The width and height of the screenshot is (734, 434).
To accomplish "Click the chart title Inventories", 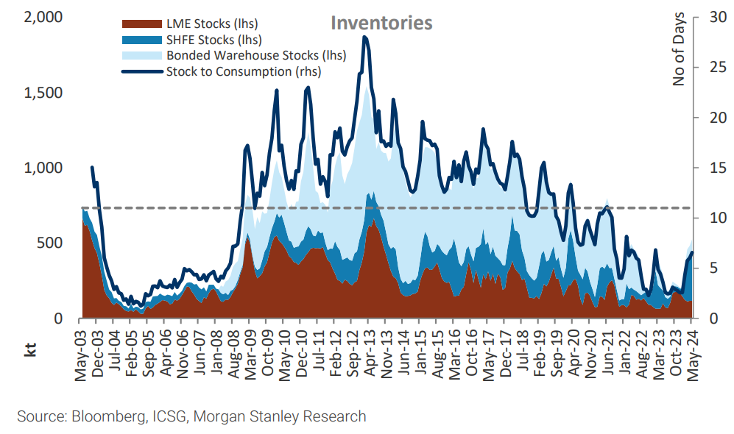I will pos(381,23).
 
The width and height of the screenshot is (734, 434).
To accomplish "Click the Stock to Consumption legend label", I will pos(244,71).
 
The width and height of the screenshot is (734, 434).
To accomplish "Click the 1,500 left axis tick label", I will pos(43,93).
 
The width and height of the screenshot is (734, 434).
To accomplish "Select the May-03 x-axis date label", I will pos(81,355).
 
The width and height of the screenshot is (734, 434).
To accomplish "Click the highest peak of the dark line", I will pos(364,37).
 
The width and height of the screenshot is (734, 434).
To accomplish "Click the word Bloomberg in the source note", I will pos(103,416).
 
